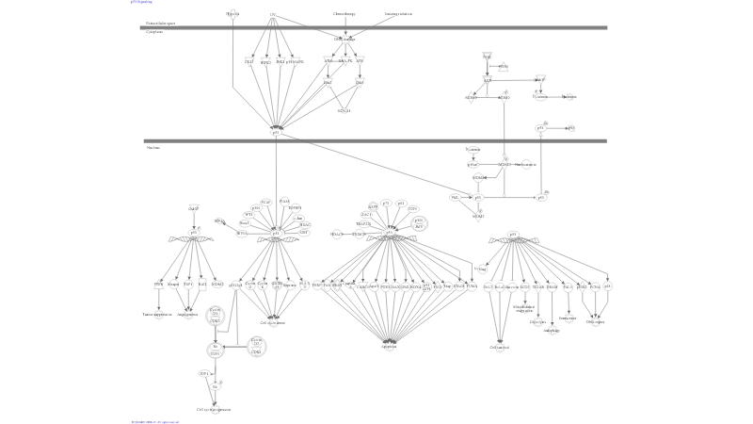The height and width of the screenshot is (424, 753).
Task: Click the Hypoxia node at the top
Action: pyautogui.click(x=232, y=14)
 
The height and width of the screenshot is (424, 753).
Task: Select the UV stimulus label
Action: pyautogui.click(x=273, y=14)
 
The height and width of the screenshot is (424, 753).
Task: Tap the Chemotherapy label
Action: pyautogui.click(x=344, y=14)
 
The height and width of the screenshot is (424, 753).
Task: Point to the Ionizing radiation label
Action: pyautogui.click(x=398, y=14)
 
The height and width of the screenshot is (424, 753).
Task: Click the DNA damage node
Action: pyautogui.click(x=345, y=39)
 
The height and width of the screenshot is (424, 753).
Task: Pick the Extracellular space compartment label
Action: pyautogui.click(x=158, y=23)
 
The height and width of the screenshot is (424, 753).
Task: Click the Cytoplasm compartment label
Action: pyautogui.click(x=154, y=32)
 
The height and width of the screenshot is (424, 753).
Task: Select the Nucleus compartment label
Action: pyautogui.click(x=152, y=148)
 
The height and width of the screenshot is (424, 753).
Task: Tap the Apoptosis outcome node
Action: pyautogui.click(x=389, y=346)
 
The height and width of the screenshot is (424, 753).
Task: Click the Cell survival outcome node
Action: pyautogui.click(x=499, y=347)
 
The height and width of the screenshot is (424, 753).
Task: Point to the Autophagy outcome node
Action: pyautogui.click(x=552, y=330)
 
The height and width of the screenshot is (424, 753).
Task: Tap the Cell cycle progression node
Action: pyautogui.click(x=214, y=410)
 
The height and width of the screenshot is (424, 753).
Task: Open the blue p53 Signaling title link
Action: pyautogui.click(x=140, y=2)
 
